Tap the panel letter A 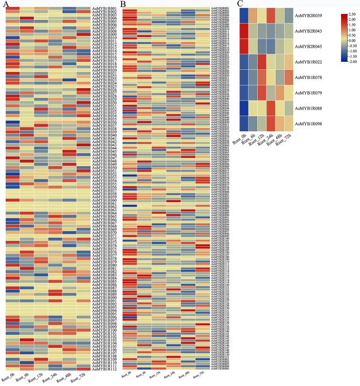[x=4, y=4]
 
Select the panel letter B [x=123, y=4]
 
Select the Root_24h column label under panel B [x=172, y=379]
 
